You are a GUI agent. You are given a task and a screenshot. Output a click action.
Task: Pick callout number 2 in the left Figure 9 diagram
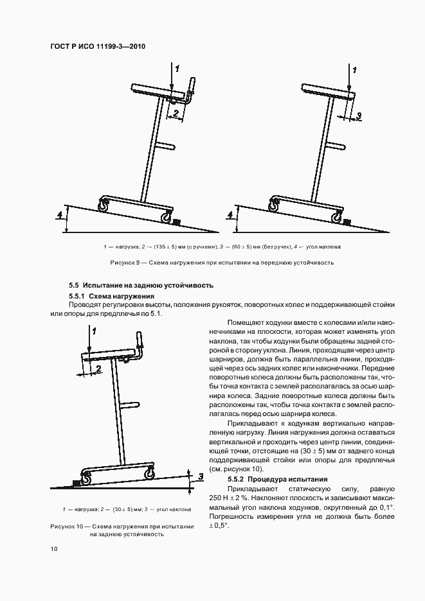[174, 112]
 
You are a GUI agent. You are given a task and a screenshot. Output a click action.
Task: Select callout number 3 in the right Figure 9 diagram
[359, 116]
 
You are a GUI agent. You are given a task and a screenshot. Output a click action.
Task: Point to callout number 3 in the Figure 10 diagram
[200, 476]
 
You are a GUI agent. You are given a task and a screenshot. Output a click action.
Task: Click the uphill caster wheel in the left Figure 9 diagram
[102, 206]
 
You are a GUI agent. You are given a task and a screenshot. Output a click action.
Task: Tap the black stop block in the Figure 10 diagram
[78, 482]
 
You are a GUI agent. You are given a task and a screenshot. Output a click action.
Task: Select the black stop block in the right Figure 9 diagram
[347, 222]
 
